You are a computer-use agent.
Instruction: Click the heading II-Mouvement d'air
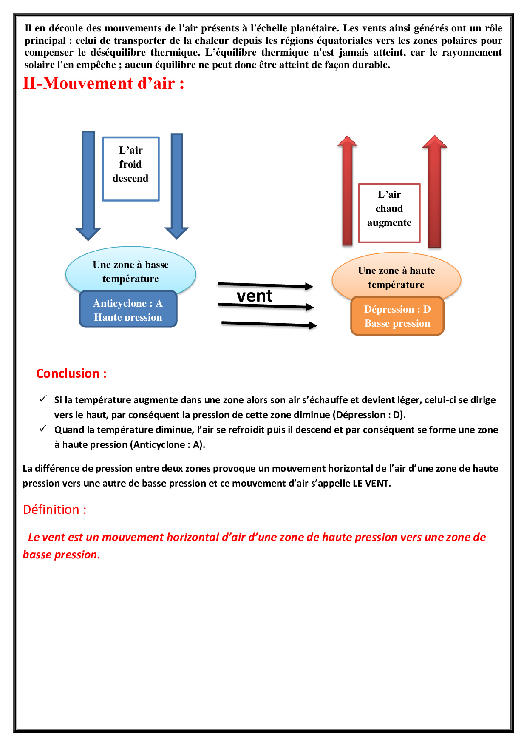click(103, 83)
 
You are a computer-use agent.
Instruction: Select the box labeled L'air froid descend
click(131, 168)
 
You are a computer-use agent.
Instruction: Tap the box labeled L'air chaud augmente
click(389, 213)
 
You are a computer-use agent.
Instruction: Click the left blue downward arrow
click(88, 183)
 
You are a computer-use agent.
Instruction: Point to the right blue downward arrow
click(177, 183)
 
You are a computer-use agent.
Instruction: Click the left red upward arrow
click(348, 191)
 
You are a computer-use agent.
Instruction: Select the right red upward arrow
click(434, 191)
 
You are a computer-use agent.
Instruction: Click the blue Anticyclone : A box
click(128, 310)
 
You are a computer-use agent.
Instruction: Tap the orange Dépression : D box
click(397, 316)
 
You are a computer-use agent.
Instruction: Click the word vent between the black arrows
click(255, 296)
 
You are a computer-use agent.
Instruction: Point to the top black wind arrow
click(265, 285)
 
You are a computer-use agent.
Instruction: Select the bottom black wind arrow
click(269, 325)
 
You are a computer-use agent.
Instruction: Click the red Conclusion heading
click(71, 373)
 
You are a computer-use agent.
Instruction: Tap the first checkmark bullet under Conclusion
click(43, 399)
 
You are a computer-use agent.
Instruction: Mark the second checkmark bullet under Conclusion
click(43, 429)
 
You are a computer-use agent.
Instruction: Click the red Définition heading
click(55, 510)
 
